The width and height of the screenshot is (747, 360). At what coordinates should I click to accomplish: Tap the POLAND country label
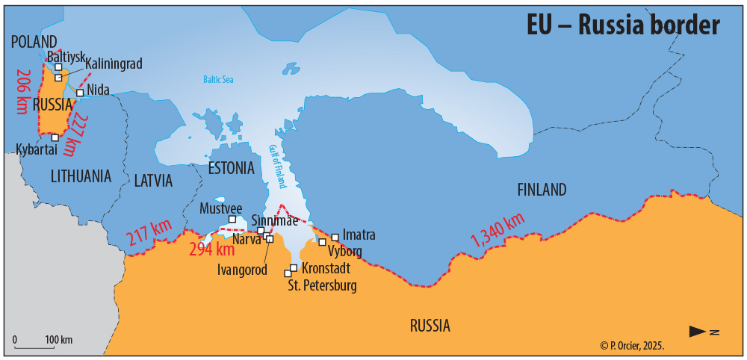(34, 41)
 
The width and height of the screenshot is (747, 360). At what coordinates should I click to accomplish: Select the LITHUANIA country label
(81, 176)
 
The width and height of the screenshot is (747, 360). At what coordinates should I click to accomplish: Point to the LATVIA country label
(153, 181)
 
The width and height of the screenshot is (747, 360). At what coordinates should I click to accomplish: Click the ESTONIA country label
(231, 167)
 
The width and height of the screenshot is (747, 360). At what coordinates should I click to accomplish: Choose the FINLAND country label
(542, 190)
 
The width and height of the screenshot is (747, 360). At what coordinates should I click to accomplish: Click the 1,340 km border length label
(497, 231)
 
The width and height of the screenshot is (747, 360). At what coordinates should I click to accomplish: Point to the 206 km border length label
(22, 89)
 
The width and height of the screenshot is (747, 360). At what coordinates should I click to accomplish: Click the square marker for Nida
(80, 93)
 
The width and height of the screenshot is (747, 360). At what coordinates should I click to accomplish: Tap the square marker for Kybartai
(55, 137)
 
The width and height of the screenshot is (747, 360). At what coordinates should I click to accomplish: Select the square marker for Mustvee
(232, 219)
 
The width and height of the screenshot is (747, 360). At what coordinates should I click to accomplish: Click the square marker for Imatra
(335, 238)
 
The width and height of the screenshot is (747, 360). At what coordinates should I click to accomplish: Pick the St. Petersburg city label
(322, 285)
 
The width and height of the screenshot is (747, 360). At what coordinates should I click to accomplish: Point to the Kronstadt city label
(326, 267)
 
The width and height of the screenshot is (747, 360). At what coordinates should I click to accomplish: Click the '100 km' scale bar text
(58, 340)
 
